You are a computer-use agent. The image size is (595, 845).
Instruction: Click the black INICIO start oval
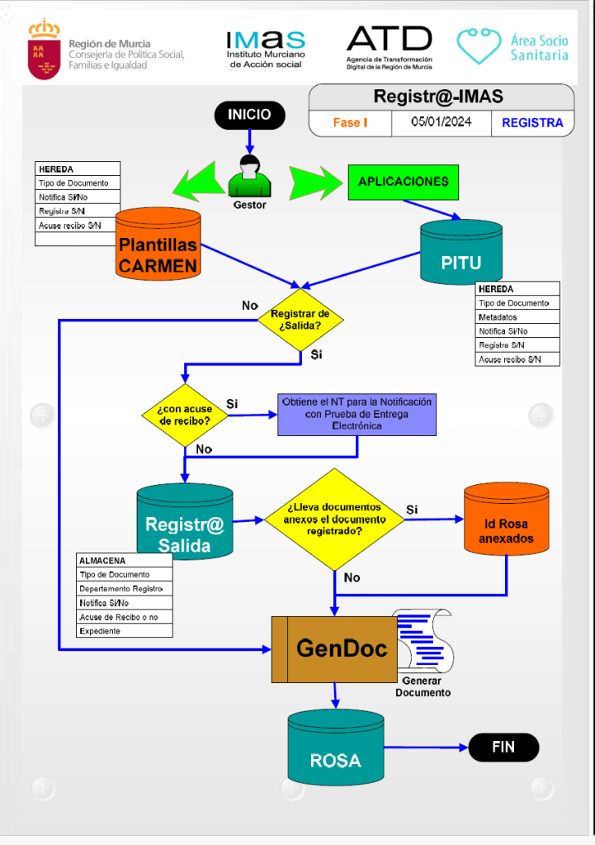tap(249, 115)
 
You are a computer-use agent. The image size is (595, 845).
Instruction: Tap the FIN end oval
tap(503, 748)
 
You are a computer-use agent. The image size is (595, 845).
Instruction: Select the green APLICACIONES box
tap(404, 182)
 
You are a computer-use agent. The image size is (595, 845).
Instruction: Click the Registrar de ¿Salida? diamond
tap(300, 320)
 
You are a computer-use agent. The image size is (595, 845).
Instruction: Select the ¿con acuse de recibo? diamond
tap(184, 415)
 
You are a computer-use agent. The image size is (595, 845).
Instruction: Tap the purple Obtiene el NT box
tap(357, 414)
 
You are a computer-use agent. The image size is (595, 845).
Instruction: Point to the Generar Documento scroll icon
tap(423, 644)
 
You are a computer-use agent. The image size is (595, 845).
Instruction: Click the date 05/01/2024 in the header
tap(442, 122)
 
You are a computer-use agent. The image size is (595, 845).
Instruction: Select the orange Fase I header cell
tap(351, 123)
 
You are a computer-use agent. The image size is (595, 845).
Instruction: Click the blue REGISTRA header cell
tap(532, 123)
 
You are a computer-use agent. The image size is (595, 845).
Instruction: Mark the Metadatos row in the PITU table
tap(517, 317)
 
